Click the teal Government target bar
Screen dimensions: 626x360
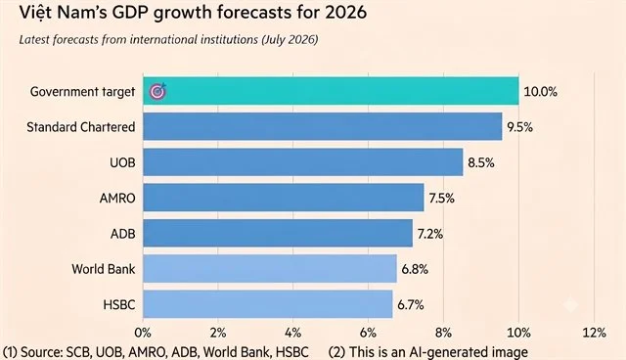tap(331, 91)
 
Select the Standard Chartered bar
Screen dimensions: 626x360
tap(323, 126)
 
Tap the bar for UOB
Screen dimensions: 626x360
tap(303, 162)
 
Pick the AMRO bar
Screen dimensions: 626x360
tap(284, 198)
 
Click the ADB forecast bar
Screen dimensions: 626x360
tap(278, 233)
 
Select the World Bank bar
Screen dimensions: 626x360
tap(270, 269)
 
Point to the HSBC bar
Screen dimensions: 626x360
tap(268, 304)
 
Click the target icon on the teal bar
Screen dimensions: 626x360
tap(158, 91)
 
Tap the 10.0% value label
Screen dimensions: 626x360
tap(540, 92)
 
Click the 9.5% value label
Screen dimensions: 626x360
tap(519, 127)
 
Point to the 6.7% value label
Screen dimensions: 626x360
tap(411, 305)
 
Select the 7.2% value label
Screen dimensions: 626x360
tap(430, 234)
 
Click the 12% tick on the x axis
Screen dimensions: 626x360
tap(594, 333)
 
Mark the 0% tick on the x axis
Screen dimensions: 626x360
tap(143, 333)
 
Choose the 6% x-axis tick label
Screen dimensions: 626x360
tap(368, 333)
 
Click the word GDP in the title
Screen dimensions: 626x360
tap(130, 13)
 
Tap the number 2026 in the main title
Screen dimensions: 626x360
tap(345, 13)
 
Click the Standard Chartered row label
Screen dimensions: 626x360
tap(81, 127)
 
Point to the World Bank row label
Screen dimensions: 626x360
tap(104, 269)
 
